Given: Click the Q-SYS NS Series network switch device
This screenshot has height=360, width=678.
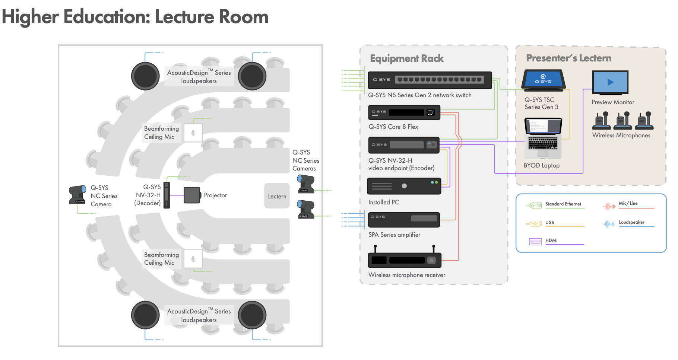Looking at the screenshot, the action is click(430, 80).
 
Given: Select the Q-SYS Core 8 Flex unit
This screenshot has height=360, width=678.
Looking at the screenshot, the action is click(404, 112).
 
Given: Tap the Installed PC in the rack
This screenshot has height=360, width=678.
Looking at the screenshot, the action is click(404, 186).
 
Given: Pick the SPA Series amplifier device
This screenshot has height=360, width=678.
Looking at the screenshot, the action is click(404, 220).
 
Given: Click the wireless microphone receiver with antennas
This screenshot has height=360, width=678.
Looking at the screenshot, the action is click(405, 257).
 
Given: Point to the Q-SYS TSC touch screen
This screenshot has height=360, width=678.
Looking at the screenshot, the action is click(544, 80).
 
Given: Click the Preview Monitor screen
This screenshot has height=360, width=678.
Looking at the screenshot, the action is click(610, 82).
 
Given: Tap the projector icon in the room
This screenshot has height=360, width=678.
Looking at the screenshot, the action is click(192, 195).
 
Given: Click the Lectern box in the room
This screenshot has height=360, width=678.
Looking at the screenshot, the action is click(277, 196).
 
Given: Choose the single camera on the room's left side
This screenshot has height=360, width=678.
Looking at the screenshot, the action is click(77, 195).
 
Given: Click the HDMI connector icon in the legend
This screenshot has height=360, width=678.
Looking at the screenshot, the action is click(535, 242).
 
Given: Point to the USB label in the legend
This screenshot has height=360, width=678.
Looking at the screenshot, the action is click(549, 223).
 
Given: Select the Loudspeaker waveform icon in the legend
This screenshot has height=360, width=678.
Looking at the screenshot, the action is click(609, 224).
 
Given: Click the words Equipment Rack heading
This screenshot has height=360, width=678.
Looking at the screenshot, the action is click(407, 58).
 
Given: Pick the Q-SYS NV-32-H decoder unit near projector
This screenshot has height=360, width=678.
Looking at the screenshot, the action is click(167, 195).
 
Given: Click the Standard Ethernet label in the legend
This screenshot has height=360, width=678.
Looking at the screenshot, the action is click(563, 204).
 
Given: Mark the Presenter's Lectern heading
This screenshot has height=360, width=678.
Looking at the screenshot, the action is click(569, 58).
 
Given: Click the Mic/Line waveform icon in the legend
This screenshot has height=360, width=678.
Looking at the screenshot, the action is click(609, 206).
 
